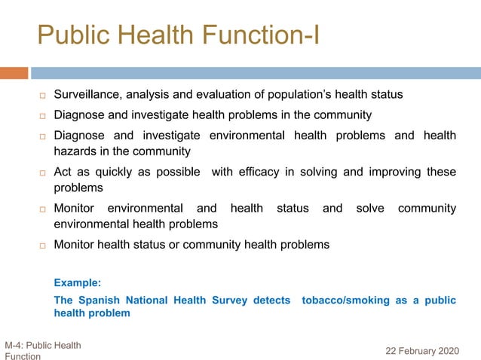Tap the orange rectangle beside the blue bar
tap(14, 73)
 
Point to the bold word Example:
tap(77, 283)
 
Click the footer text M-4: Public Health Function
tap(42, 350)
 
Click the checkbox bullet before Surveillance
tap(44, 96)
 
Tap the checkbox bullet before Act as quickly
tap(44, 172)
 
